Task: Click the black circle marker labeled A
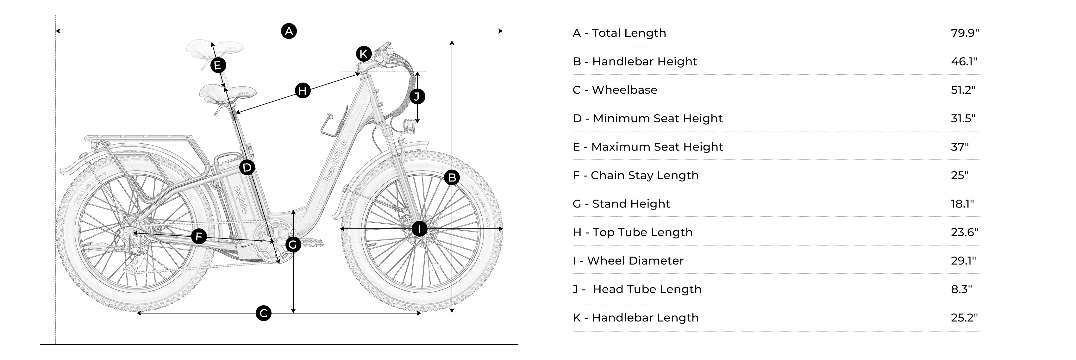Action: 289,31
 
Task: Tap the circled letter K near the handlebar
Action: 363,54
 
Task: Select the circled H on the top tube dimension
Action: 303,90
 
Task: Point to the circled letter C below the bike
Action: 263,313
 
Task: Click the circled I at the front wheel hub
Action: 419,229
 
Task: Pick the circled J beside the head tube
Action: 417,96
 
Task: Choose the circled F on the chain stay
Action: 199,236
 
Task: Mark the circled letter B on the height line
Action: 452,177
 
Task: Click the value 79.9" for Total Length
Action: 965,33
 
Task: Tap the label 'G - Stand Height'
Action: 621,204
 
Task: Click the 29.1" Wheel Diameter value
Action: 963,261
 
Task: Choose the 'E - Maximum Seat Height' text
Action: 647,147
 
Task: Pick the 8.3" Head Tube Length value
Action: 961,289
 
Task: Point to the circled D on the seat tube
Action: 247,167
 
